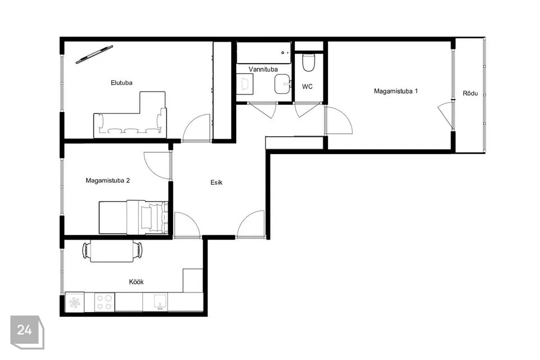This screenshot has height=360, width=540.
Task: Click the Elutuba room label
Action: point(121,83)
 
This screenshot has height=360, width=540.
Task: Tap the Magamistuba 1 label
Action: point(395,91)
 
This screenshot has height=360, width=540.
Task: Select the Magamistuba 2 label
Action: point(108,181)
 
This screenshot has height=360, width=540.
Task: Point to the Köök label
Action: point(136,282)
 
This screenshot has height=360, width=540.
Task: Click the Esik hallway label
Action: point(216,183)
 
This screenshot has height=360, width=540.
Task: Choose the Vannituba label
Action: point(263,69)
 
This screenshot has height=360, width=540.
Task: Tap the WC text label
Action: point(307,87)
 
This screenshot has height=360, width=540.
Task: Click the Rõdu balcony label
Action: point(470,93)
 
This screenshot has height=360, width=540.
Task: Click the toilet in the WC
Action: point(308,61)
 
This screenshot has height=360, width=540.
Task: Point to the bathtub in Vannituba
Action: point(264,53)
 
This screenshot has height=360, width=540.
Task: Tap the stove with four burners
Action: point(105,303)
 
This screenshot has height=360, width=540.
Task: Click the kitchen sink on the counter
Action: point(159,302)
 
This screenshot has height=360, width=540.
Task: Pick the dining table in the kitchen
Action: point(112,250)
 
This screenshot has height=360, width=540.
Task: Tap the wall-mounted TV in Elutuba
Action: point(94,55)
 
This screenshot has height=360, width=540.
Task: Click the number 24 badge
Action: point(27,332)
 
